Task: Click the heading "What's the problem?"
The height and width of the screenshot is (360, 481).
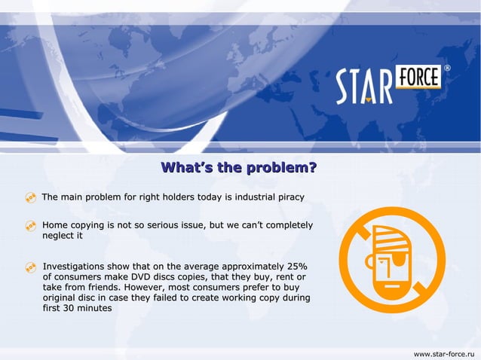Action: coord(239,167)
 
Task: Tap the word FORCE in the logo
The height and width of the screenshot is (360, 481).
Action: coord(418,78)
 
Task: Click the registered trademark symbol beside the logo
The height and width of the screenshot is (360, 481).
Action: coord(447,69)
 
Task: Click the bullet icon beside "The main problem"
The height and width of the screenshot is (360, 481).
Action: coord(31,198)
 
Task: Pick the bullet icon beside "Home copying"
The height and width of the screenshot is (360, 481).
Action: coord(31,226)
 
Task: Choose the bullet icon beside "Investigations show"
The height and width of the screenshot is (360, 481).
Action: coord(31,267)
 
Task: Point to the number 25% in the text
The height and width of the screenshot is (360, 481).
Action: coord(297,267)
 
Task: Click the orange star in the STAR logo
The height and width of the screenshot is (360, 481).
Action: coord(367,97)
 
